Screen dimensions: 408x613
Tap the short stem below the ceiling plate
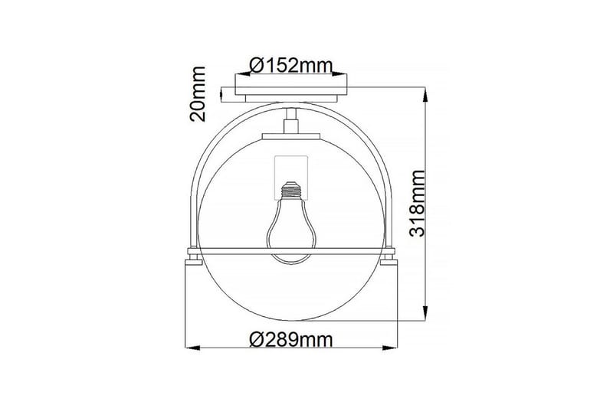(x=291, y=121)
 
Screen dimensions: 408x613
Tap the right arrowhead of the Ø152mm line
(x=346, y=75)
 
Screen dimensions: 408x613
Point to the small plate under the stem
(x=291, y=136)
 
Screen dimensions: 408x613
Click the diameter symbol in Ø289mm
(x=257, y=338)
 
